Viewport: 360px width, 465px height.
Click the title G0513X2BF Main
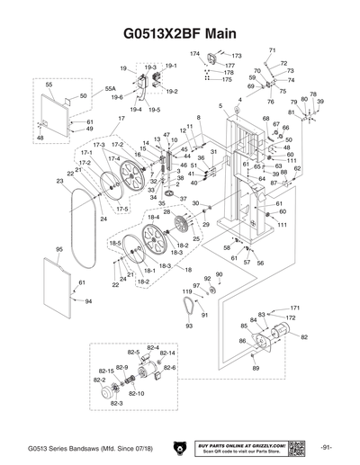(179, 33)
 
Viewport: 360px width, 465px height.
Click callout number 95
(58, 249)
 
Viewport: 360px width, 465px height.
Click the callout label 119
(187, 292)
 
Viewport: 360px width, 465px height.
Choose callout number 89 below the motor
(256, 369)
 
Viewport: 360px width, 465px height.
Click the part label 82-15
(105, 371)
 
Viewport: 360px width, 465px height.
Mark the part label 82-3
(116, 404)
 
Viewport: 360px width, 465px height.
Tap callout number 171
(294, 308)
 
